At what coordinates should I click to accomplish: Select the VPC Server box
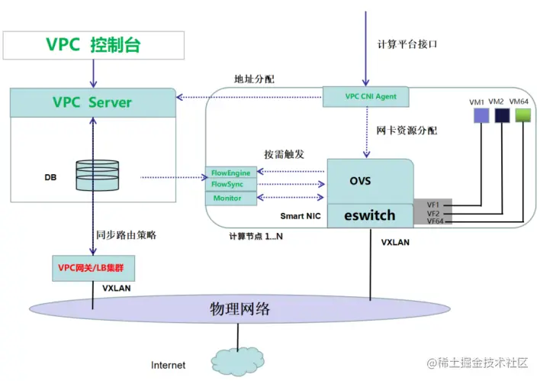pyautogui.click(x=93, y=102)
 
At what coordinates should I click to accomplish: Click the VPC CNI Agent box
pyautogui.click(x=365, y=97)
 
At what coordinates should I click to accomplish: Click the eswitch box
pyautogui.click(x=371, y=215)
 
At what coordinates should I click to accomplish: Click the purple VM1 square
pyautogui.click(x=481, y=115)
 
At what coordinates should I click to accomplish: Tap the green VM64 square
pyautogui.click(x=522, y=115)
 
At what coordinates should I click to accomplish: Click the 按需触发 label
pyautogui.click(x=284, y=153)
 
